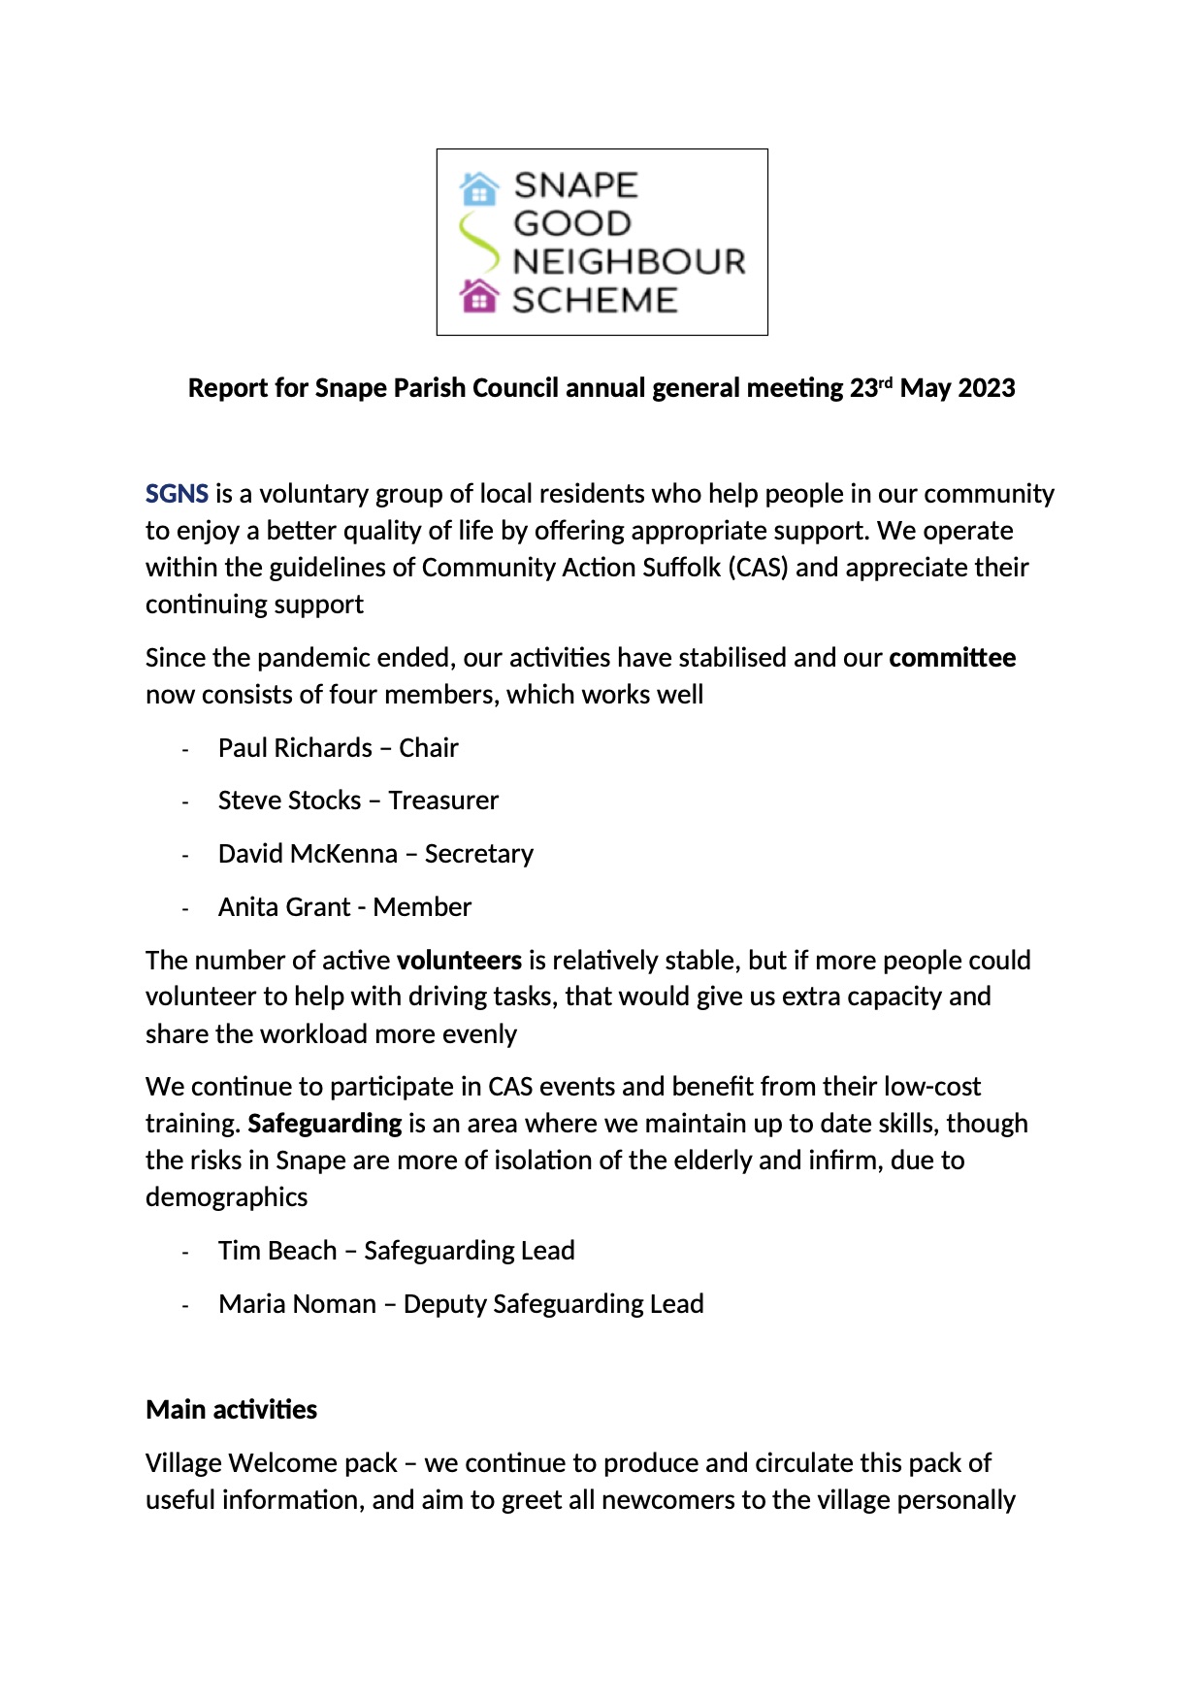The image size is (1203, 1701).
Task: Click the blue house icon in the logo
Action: (x=479, y=187)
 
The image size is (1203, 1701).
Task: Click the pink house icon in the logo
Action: (x=479, y=296)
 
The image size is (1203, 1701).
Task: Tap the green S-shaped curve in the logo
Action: (x=477, y=243)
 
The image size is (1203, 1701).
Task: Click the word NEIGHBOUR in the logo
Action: (x=629, y=262)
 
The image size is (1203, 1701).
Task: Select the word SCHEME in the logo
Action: (x=595, y=301)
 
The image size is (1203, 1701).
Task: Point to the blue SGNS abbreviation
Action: (x=177, y=494)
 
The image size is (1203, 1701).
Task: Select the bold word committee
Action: (x=952, y=658)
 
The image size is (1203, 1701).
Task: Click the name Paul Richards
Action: (x=295, y=748)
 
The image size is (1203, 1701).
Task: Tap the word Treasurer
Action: (x=443, y=801)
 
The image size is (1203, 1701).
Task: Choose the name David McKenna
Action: (x=308, y=854)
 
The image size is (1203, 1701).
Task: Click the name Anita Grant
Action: (x=283, y=907)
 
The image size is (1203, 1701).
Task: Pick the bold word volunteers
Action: (x=459, y=961)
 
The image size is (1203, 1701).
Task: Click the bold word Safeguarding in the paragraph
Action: (x=324, y=1124)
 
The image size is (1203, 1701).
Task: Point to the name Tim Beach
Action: (x=277, y=1251)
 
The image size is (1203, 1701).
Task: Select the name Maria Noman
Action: (x=297, y=1304)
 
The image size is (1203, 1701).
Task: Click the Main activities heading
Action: (x=231, y=1410)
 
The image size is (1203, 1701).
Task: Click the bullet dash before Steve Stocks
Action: (x=184, y=802)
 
